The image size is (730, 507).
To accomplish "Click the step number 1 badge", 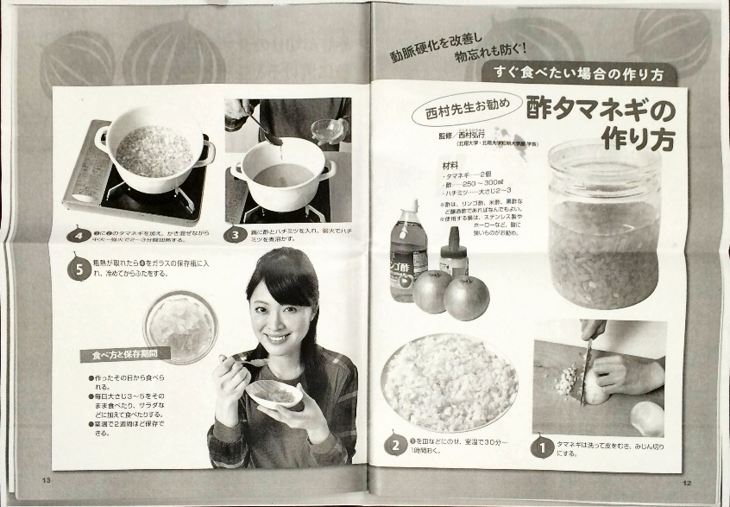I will coord(542,447).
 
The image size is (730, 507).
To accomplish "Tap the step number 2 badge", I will coord(393,446).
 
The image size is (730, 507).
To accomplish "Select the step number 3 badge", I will coord(232,232).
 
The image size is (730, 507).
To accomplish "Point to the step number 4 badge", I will coord(79,234).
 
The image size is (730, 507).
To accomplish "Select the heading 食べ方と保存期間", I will coord(125,353).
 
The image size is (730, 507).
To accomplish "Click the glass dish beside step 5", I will coord(180,326).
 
